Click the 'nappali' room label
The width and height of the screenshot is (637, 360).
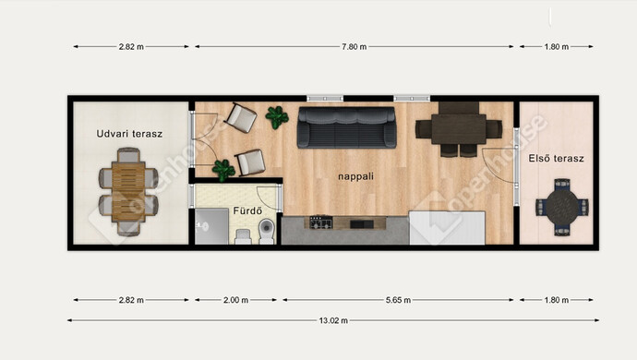[355, 176]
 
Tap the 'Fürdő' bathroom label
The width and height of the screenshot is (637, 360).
[247, 210]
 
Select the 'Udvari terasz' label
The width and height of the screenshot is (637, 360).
[129, 134]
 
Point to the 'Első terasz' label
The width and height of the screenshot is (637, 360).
[556, 158]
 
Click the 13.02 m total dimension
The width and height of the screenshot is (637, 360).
[333, 320]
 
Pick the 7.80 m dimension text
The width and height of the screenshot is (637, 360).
[354, 47]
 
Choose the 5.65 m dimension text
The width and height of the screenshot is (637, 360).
[398, 300]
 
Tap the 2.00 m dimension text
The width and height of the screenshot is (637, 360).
[235, 300]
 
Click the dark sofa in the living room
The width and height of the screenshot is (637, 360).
[346, 127]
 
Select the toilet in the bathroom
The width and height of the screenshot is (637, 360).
[267, 231]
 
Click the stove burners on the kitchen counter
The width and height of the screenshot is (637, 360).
[321, 222]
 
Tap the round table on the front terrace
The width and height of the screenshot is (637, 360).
[562, 207]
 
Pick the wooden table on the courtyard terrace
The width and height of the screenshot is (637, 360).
[128, 191]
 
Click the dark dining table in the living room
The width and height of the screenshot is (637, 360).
[459, 129]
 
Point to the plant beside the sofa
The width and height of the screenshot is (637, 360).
[277, 117]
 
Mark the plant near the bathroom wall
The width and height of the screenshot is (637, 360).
[223, 170]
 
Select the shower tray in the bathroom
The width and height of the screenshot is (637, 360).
[211, 226]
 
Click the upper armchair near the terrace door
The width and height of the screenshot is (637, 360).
[241, 117]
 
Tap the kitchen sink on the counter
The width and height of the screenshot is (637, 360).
[362, 224]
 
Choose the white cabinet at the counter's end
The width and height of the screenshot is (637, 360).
[447, 228]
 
